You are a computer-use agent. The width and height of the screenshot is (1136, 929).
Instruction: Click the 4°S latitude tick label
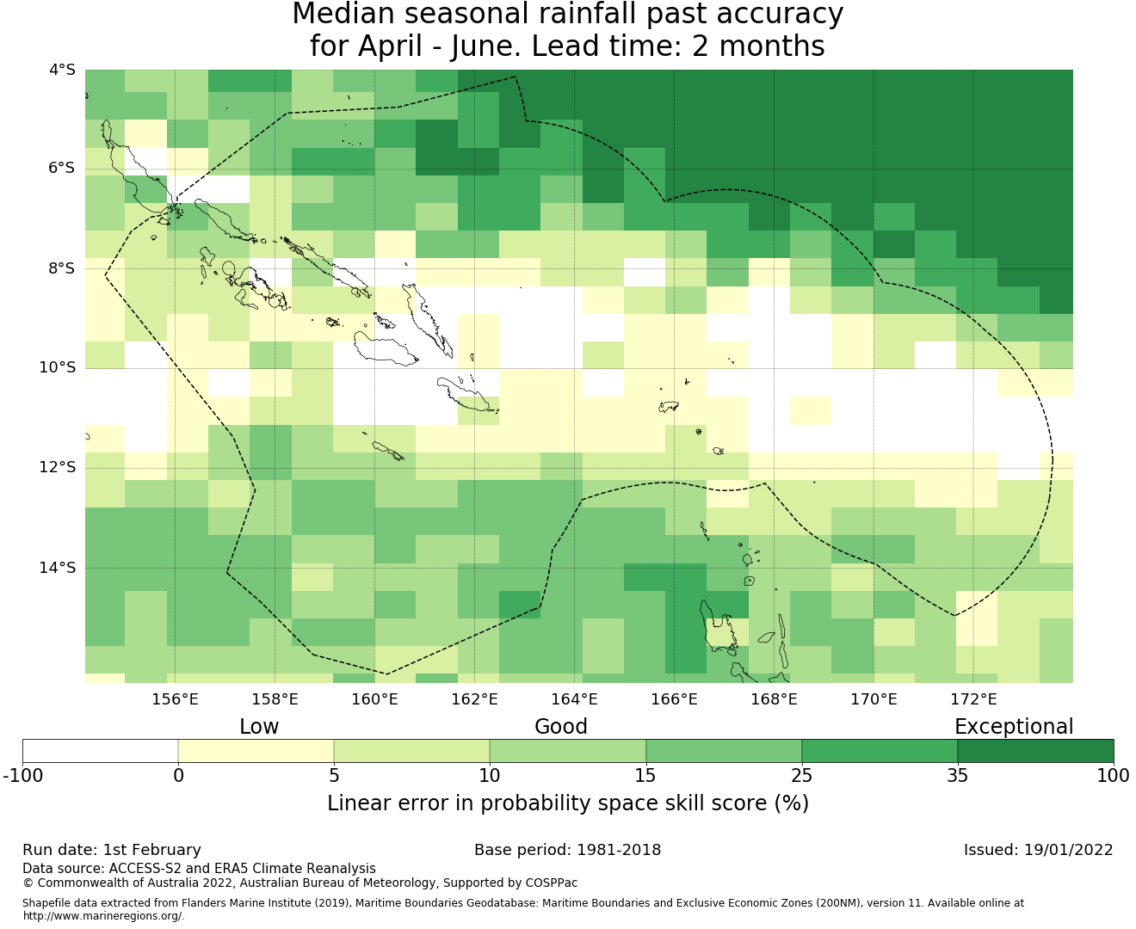tap(62, 70)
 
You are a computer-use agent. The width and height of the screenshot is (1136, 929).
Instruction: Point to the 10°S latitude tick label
tap(58, 368)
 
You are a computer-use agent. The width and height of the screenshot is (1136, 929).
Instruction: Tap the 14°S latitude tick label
tap(58, 568)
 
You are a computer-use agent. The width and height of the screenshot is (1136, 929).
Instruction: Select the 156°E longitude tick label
tap(175, 699)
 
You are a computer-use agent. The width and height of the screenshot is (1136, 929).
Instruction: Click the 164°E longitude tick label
tap(574, 699)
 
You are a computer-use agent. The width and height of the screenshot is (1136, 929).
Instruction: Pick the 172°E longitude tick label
tap(973, 699)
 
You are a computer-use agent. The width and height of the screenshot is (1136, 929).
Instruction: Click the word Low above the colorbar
tap(259, 727)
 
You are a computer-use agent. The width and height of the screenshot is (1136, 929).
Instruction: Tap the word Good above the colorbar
tap(561, 727)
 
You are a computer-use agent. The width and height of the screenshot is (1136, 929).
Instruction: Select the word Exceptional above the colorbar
tap(1014, 727)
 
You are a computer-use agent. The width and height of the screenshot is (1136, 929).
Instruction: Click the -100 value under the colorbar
tap(23, 776)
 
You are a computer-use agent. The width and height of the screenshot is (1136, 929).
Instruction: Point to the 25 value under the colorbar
tap(801, 776)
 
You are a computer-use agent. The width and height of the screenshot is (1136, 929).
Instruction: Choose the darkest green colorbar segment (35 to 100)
tap(1035, 751)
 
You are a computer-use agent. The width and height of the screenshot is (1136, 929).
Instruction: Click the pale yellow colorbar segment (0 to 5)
tap(256, 751)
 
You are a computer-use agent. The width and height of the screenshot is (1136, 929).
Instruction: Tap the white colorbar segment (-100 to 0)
tap(100, 751)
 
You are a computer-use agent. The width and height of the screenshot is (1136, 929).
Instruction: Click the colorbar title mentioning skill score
tap(568, 803)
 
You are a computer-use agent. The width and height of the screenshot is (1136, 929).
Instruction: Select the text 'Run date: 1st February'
tap(112, 850)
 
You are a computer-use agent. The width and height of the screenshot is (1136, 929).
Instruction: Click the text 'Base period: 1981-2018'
tap(568, 850)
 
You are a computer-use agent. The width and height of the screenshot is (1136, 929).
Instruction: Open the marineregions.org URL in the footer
tap(103, 916)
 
